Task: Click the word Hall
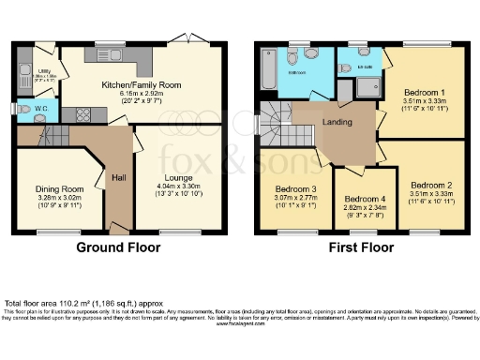coord(118,175)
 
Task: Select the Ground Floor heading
coord(119,248)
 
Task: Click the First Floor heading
coord(359,248)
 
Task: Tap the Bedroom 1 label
coord(426,94)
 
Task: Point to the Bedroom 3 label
coord(287,188)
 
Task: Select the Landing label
coord(337,122)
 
